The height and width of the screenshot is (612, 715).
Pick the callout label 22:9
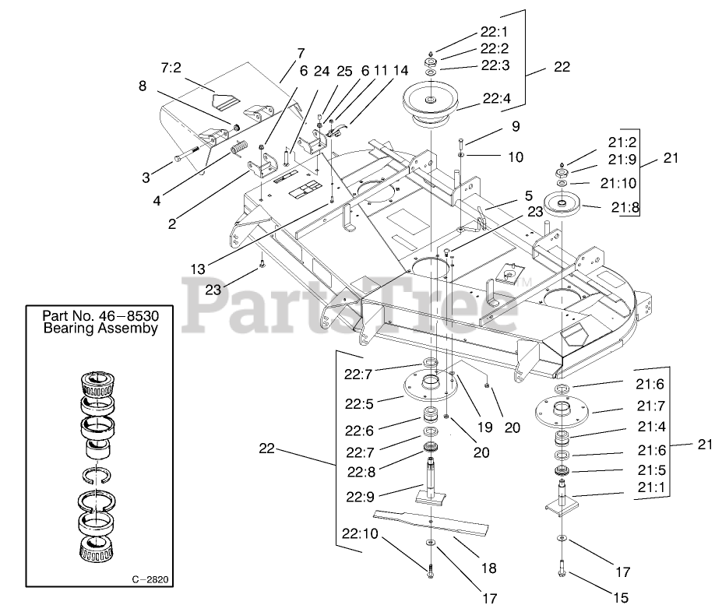click(x=359, y=495)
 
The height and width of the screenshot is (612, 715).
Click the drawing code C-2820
click(x=150, y=579)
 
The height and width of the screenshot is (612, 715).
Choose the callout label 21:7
click(x=652, y=405)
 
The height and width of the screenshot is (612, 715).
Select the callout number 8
click(x=143, y=86)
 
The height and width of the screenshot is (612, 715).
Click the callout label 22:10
click(x=359, y=534)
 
